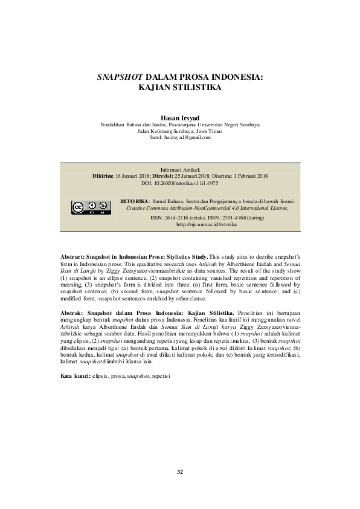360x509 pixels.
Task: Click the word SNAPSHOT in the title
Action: coord(120,77)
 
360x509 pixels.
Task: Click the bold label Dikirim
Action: coord(103,175)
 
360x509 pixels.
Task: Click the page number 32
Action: coord(180,471)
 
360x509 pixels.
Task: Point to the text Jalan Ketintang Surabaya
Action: coord(158,131)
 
